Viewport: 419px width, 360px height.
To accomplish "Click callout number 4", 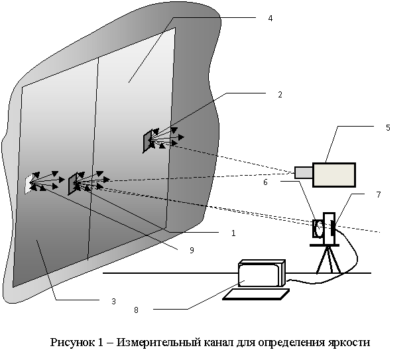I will pyautogui.click(x=269, y=19).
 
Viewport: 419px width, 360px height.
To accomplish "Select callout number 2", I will pyautogui.click(x=280, y=95).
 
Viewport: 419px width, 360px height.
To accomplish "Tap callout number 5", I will pyautogui.click(x=388, y=128).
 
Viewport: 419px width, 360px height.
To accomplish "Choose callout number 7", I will pyautogui.click(x=379, y=196).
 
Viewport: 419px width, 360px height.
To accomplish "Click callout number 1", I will pyautogui.click(x=233, y=233).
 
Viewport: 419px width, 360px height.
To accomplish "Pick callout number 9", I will pyautogui.click(x=192, y=250).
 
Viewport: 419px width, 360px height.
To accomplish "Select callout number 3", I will pyautogui.click(x=114, y=301).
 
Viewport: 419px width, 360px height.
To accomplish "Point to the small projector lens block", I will pyautogui.click(x=304, y=172).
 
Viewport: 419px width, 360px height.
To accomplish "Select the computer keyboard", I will pyautogui.click(x=255, y=293).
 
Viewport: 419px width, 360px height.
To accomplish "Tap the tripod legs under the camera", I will pyautogui.click(x=326, y=259).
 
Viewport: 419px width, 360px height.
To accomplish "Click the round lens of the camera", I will pyautogui.click(x=319, y=229).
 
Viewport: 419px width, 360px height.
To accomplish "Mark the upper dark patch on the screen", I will pyautogui.click(x=147, y=141).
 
